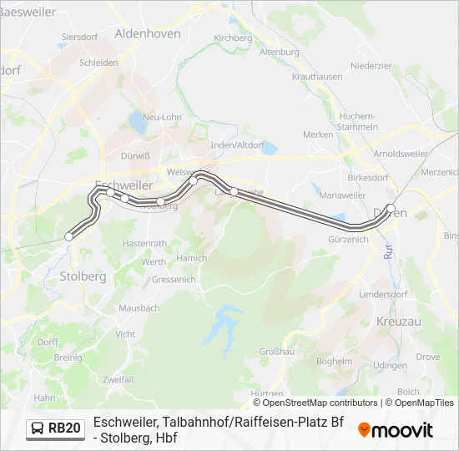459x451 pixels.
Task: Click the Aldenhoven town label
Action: coord(147,33)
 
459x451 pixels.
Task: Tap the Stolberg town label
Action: coord(82,275)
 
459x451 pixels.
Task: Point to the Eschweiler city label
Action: coord(124,185)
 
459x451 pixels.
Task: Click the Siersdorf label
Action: coord(80,37)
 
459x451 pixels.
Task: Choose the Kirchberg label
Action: coord(233,38)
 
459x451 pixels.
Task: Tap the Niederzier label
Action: coord(371,65)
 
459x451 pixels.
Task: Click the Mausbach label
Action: coord(139,308)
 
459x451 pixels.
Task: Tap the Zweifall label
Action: coord(118,378)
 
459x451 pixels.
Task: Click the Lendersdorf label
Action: coord(381,295)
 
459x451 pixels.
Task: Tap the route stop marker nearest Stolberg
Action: coord(68,236)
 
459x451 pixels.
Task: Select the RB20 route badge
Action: coord(56,428)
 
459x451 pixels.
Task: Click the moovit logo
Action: coord(396,430)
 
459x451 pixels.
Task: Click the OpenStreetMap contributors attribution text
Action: coord(320,403)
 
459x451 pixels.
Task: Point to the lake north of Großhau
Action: coord(223,322)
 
